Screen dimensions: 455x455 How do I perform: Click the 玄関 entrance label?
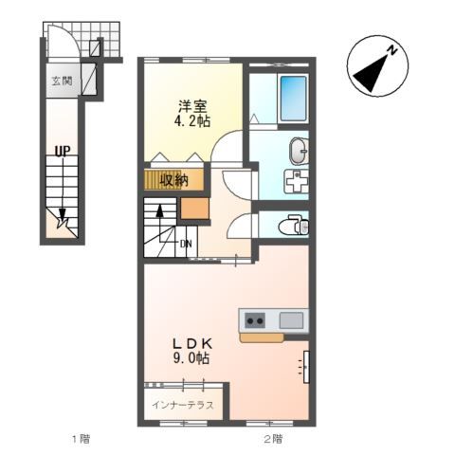click(x=63, y=82)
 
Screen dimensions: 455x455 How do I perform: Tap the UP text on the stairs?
click(x=63, y=151)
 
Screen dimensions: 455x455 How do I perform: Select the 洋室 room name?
click(x=192, y=106)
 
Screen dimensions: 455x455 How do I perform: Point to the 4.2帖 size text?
click(x=192, y=120)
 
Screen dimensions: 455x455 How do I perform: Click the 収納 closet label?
click(x=173, y=180)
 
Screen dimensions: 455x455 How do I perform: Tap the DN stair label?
click(x=186, y=244)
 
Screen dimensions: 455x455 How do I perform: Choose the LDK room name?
click(x=192, y=343)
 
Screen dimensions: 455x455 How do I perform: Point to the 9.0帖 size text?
click(x=191, y=358)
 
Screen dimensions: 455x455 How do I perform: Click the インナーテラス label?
click(x=183, y=405)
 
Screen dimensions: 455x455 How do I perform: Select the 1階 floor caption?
click(x=82, y=439)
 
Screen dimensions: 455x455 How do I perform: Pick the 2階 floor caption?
click(x=274, y=439)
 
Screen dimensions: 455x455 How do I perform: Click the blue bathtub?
click(x=294, y=99)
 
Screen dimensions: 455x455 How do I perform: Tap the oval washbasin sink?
click(x=299, y=151)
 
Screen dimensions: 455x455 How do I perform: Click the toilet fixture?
click(x=294, y=225)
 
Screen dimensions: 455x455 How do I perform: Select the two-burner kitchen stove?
click(x=255, y=320)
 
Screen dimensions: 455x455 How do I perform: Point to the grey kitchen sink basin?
click(x=291, y=320)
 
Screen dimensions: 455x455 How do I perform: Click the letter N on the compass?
click(x=392, y=50)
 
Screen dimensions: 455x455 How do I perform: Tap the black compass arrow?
click(x=372, y=72)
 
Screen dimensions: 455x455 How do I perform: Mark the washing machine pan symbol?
click(x=297, y=181)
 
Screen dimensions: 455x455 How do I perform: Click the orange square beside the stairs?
click(x=195, y=209)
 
